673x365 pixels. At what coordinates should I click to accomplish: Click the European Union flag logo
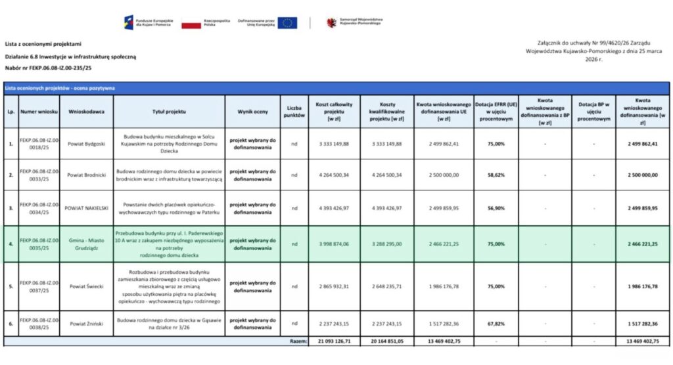[287, 23]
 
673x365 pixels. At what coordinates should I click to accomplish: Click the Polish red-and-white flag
[191, 24]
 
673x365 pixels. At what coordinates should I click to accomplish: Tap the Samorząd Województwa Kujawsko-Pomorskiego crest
[331, 22]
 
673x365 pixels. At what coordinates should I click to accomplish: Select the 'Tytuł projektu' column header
[170, 112]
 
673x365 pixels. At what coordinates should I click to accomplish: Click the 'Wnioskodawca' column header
[86, 112]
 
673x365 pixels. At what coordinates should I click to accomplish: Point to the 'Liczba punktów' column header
[294, 112]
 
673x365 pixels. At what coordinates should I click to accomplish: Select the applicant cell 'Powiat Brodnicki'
[86, 175]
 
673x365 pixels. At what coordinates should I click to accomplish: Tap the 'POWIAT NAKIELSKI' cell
[86, 208]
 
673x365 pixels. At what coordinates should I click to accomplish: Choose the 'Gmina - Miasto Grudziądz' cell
[86, 244]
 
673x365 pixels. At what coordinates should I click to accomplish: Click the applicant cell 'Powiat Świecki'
[86, 286]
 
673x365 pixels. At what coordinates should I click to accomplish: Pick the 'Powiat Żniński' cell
[86, 324]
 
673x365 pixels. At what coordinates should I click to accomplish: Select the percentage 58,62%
[496, 175]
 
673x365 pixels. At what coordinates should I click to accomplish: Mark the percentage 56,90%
[496, 208]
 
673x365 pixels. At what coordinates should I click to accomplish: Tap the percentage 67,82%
[496, 324]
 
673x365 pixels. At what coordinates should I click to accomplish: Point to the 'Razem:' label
[298, 341]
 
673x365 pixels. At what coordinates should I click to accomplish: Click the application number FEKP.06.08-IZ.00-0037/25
[39, 286]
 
